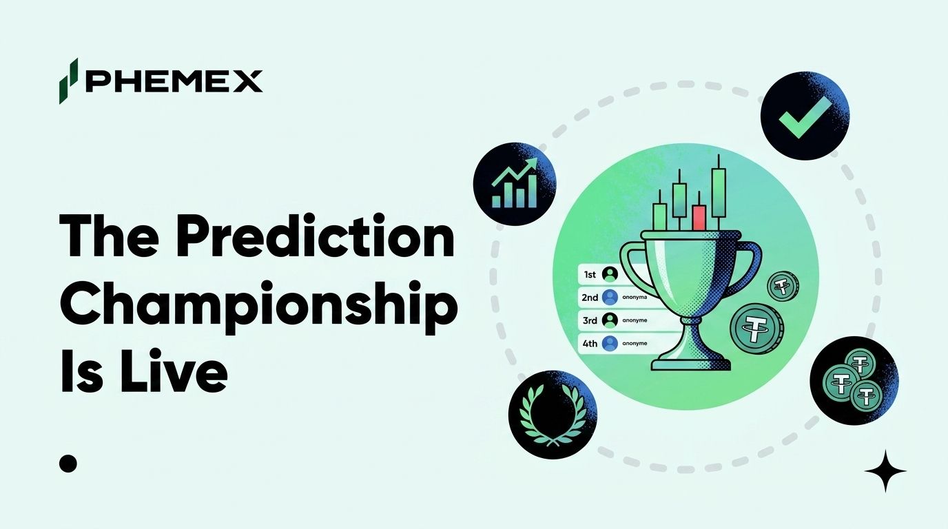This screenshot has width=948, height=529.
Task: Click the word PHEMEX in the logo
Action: (x=174, y=81)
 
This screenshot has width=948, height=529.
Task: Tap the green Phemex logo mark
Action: (x=68, y=81)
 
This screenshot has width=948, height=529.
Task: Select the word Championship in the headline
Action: (x=259, y=305)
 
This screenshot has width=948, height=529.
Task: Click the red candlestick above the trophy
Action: (x=699, y=217)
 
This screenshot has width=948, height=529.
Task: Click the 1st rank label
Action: (x=589, y=275)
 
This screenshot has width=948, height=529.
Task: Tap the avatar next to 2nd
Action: (x=609, y=298)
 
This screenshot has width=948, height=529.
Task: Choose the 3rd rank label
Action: (x=590, y=320)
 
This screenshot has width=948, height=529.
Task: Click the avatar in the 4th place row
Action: (x=609, y=342)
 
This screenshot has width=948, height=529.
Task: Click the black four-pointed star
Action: (x=885, y=470)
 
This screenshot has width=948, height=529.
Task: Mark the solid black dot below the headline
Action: (x=68, y=464)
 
